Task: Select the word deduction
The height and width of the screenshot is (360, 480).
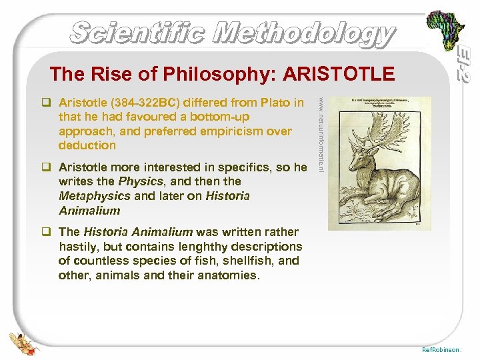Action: (87, 145)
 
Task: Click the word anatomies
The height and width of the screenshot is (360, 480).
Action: (223, 275)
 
